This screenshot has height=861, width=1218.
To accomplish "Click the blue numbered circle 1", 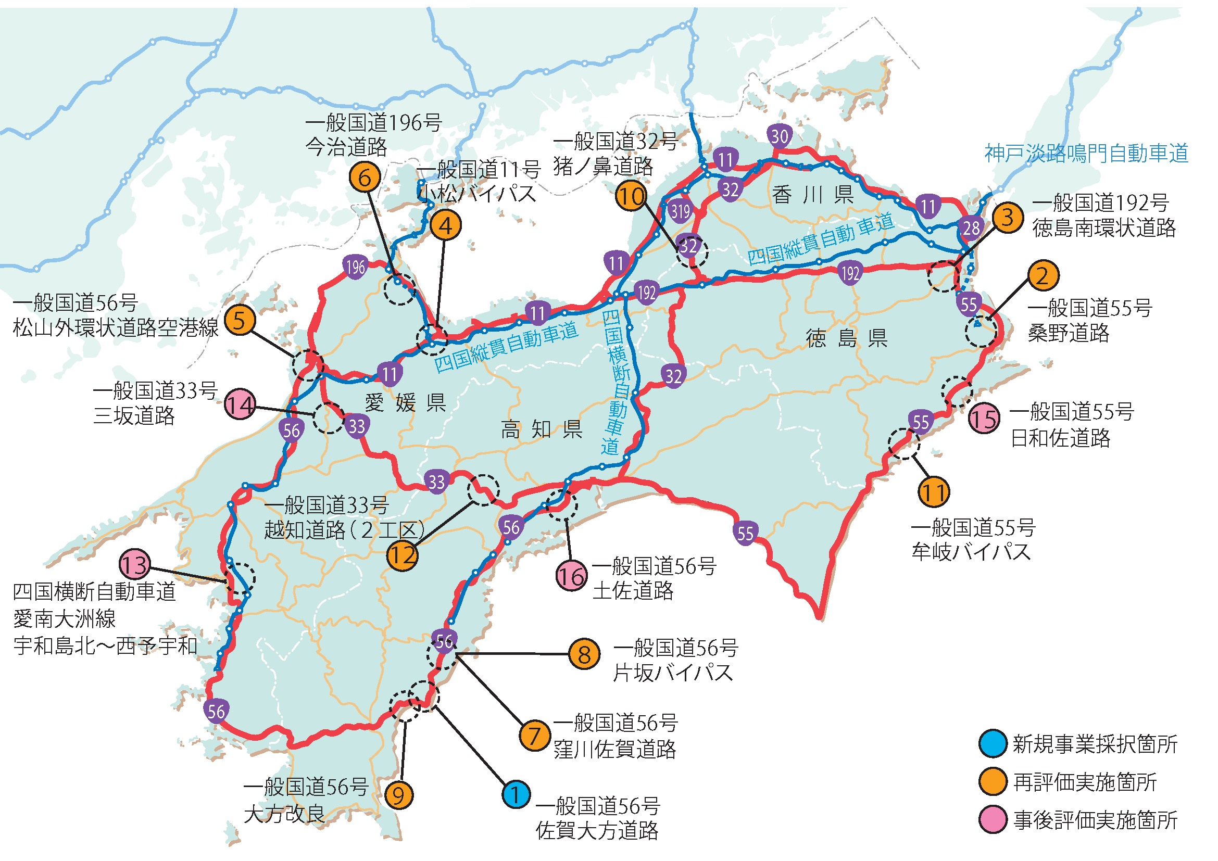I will coord(516,794).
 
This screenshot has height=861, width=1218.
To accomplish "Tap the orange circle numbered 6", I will coord(365,177).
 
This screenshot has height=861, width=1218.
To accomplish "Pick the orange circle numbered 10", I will coord(631,196).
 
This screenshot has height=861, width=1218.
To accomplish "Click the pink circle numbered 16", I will coord(571,576).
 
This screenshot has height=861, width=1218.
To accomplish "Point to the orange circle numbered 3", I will coord(1008,217).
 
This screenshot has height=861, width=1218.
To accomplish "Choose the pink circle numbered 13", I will coord(135,564).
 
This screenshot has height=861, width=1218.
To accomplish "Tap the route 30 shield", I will coord(780,136).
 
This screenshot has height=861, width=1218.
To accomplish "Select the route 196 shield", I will coord(356,267).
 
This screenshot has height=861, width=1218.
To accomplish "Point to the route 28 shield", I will coord(971,228).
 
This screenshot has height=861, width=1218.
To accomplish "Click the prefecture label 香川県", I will coord(813,195).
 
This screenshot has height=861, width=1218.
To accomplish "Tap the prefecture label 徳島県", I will coord(847,338).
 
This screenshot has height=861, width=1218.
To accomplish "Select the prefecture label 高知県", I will coord(542,429).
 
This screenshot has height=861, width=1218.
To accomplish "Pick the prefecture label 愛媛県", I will coord(405,403).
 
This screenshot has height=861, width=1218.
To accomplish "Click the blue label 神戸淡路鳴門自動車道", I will coord(1086,153).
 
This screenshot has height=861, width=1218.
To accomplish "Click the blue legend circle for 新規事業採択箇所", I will coord(993,744).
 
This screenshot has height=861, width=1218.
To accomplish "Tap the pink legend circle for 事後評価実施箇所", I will coord(993,820).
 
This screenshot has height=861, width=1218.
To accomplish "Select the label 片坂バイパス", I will coord(673,673).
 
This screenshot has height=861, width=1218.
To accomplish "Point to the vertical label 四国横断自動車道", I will coord(614,382).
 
